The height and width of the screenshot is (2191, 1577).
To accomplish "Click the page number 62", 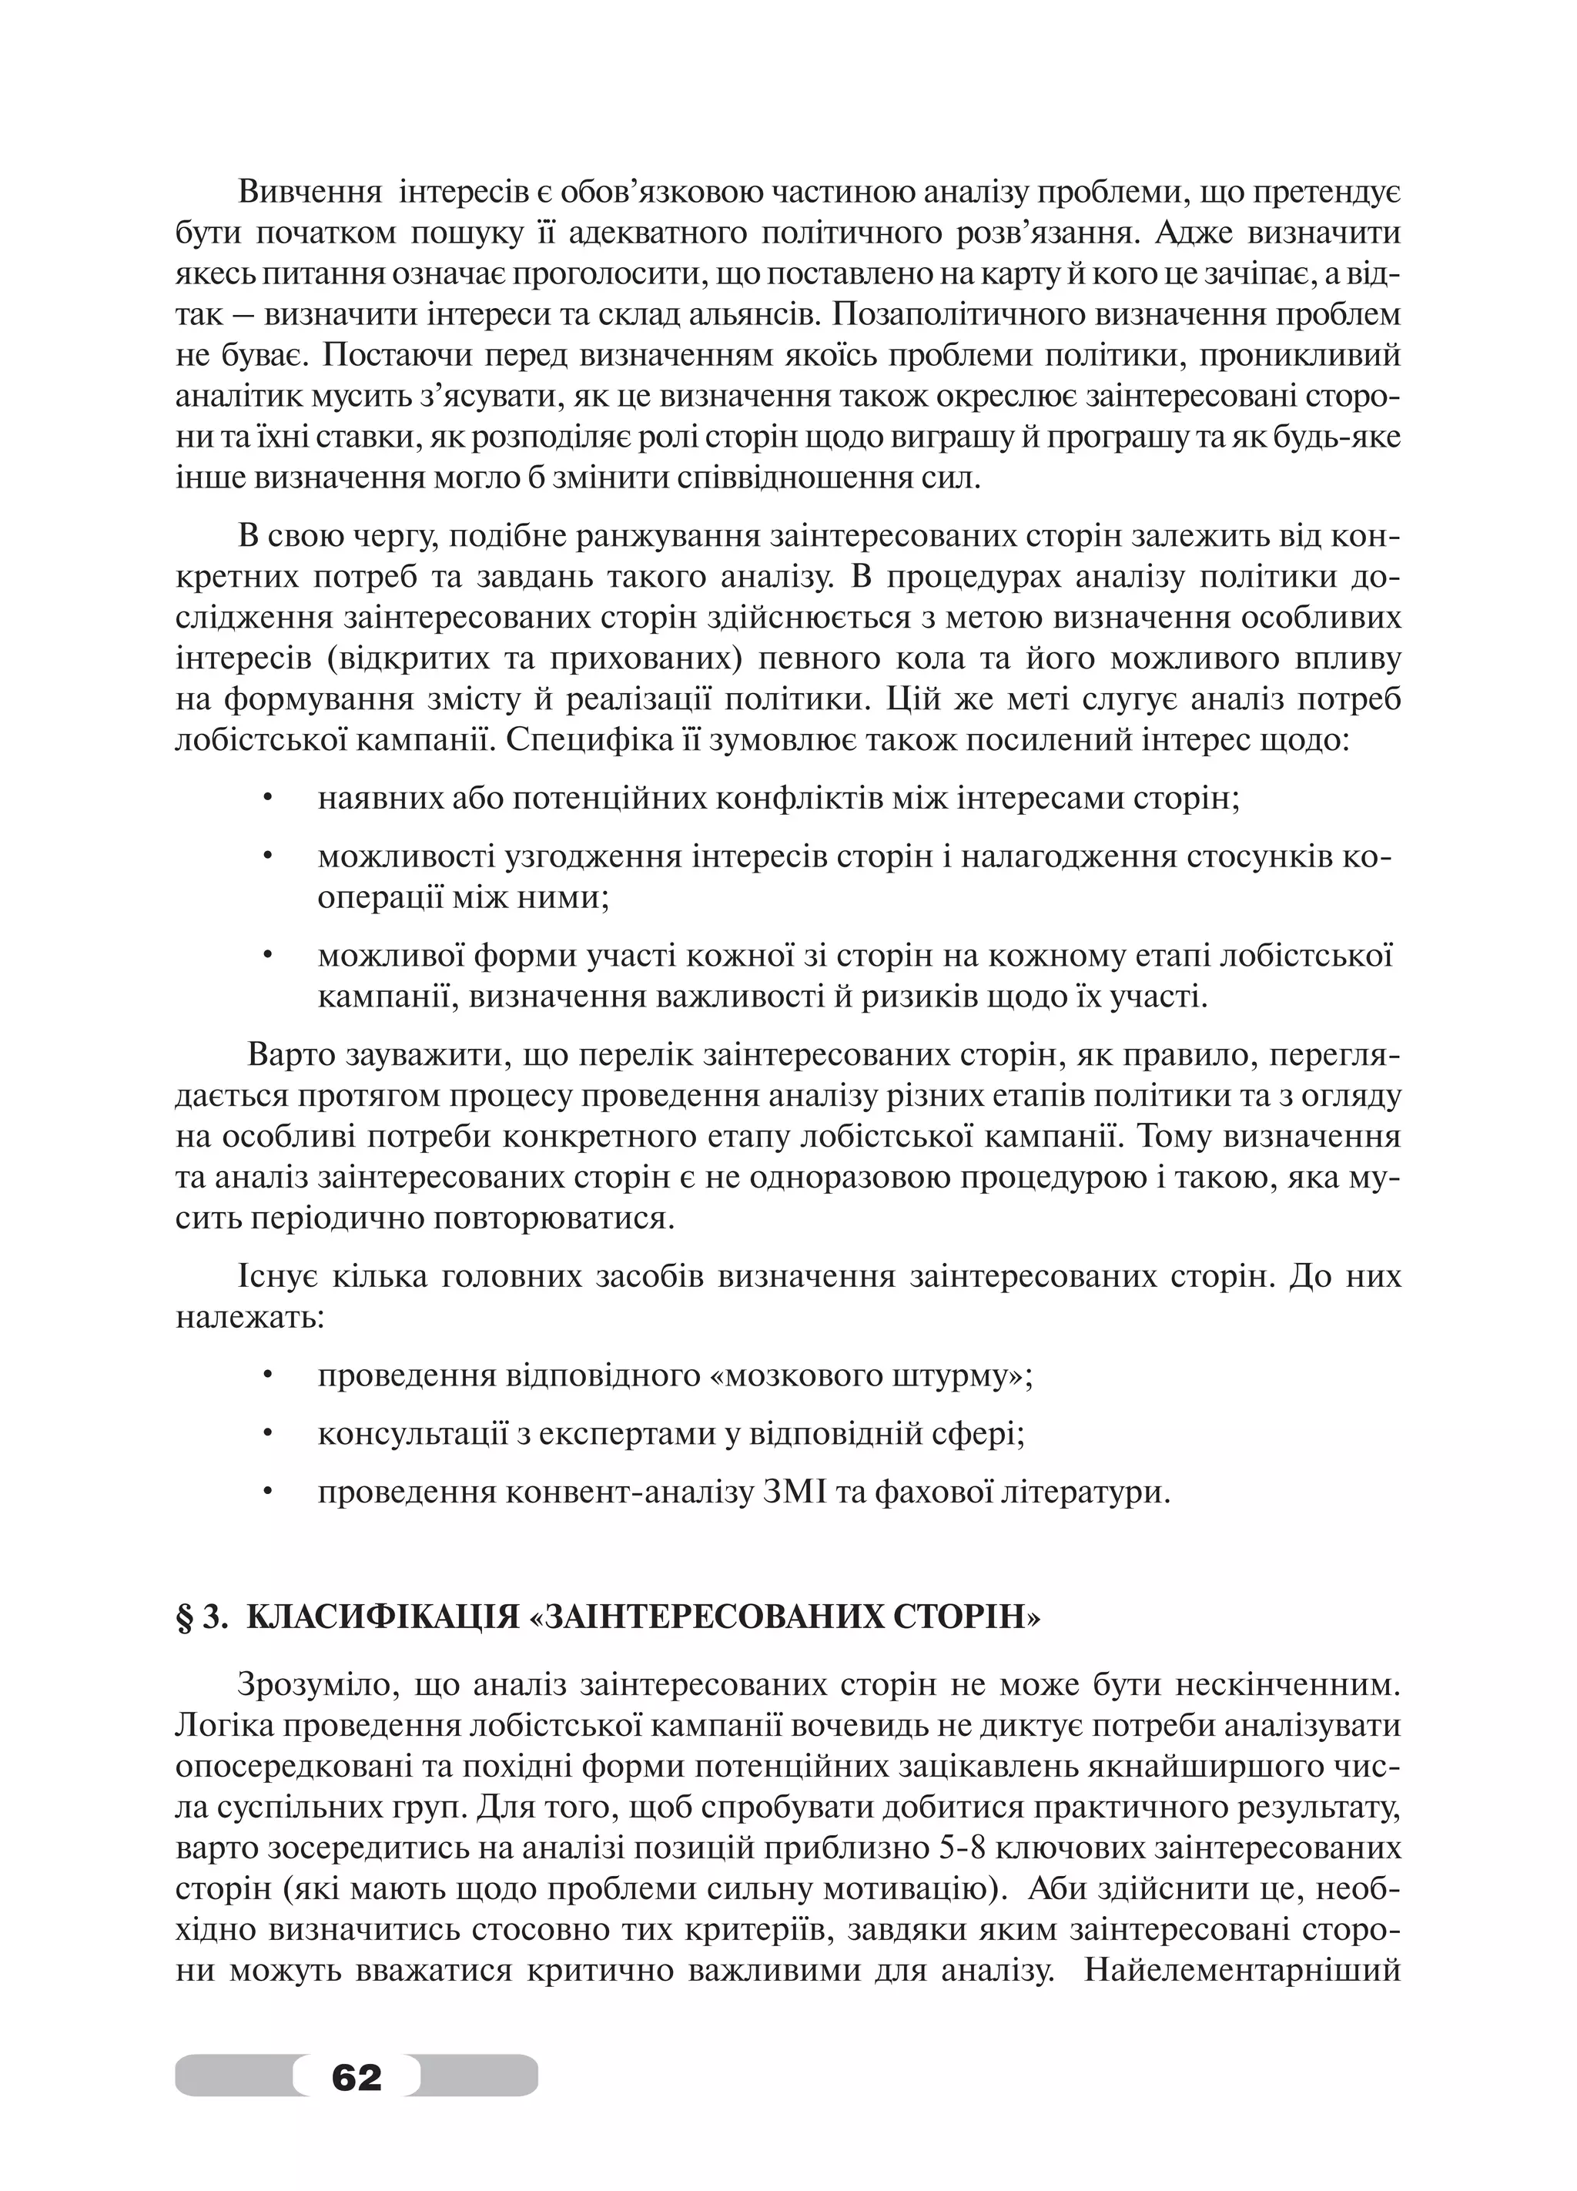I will (356, 2076).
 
